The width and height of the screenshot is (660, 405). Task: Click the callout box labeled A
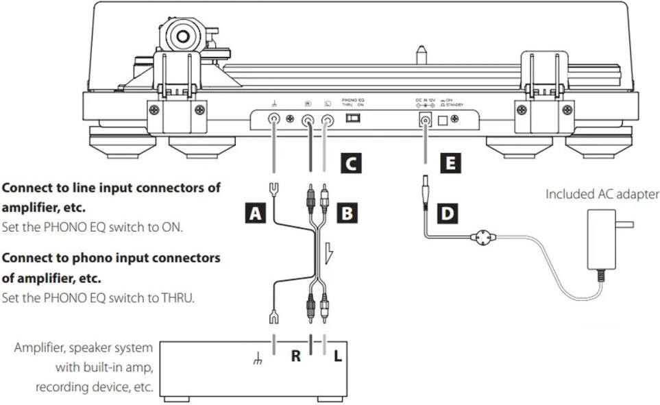point(256,214)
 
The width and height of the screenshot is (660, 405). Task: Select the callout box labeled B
point(347,214)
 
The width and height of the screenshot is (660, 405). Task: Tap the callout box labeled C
point(350,163)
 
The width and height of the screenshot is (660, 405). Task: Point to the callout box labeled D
point(447,214)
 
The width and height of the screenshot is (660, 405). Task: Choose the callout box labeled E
point(450,163)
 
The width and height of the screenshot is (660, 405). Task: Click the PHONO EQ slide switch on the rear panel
point(352,118)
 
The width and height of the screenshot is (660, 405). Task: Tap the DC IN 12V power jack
point(425,121)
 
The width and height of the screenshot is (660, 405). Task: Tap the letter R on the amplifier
point(296,357)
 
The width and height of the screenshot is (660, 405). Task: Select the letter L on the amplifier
point(338,357)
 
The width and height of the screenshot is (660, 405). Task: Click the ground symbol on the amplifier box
point(258,359)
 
